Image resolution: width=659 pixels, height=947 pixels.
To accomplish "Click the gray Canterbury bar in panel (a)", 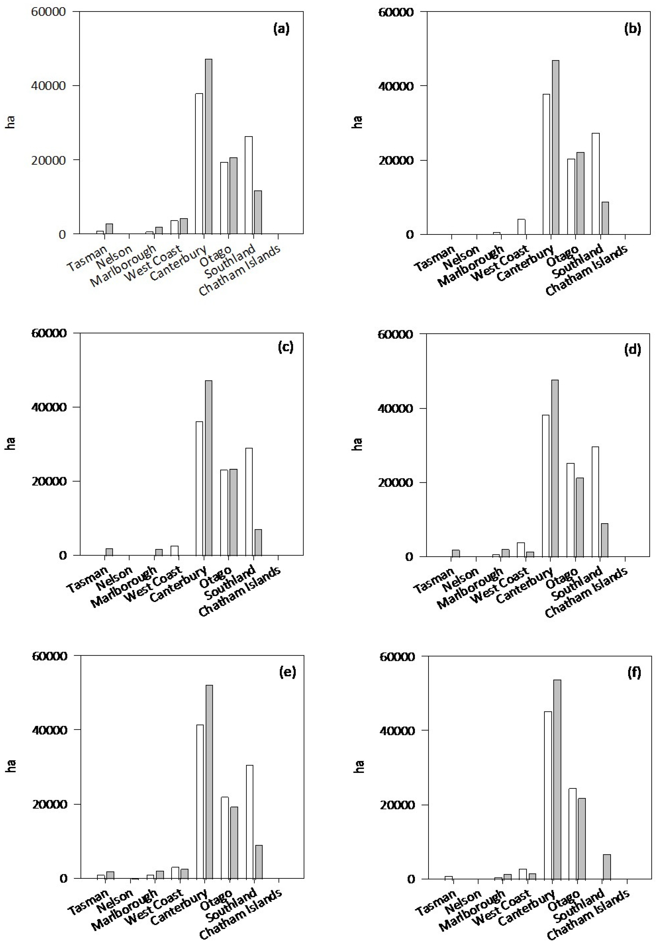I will point(208,146).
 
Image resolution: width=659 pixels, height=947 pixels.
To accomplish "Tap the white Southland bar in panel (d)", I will point(595,501).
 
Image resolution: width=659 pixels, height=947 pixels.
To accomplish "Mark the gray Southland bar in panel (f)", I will point(607,866).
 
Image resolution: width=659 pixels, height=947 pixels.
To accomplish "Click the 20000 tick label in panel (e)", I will point(50,804).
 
